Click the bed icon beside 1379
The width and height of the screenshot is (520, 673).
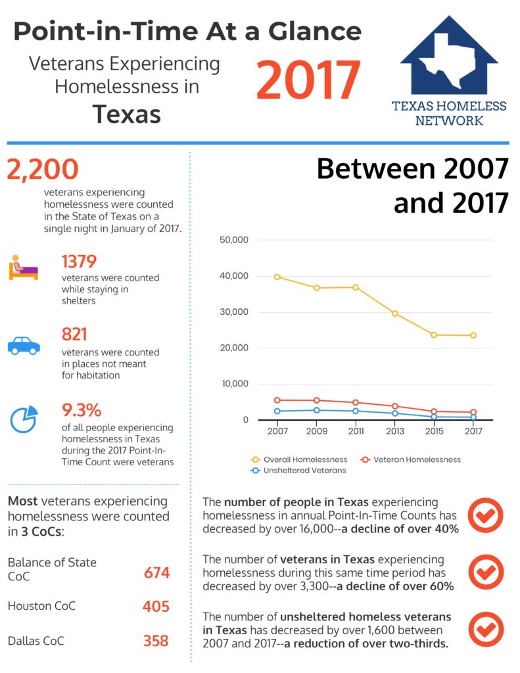tap(24, 269)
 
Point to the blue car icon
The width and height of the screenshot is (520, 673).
tap(24, 345)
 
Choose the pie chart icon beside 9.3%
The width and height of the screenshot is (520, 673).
tap(24, 420)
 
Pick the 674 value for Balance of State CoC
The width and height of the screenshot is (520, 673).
tap(156, 573)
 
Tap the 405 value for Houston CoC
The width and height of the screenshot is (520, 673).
tap(156, 606)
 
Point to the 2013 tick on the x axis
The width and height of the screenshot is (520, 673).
tap(395, 432)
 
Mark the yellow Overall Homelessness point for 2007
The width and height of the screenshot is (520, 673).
tap(277, 277)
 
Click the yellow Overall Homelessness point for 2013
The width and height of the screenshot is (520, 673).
tap(395, 313)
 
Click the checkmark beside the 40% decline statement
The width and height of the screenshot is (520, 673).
tap(485, 515)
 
